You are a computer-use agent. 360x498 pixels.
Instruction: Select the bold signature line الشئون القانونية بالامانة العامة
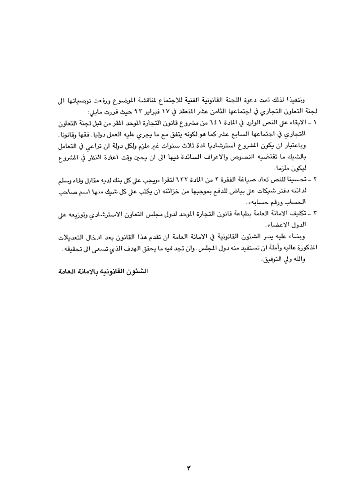[x=104, y=271]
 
